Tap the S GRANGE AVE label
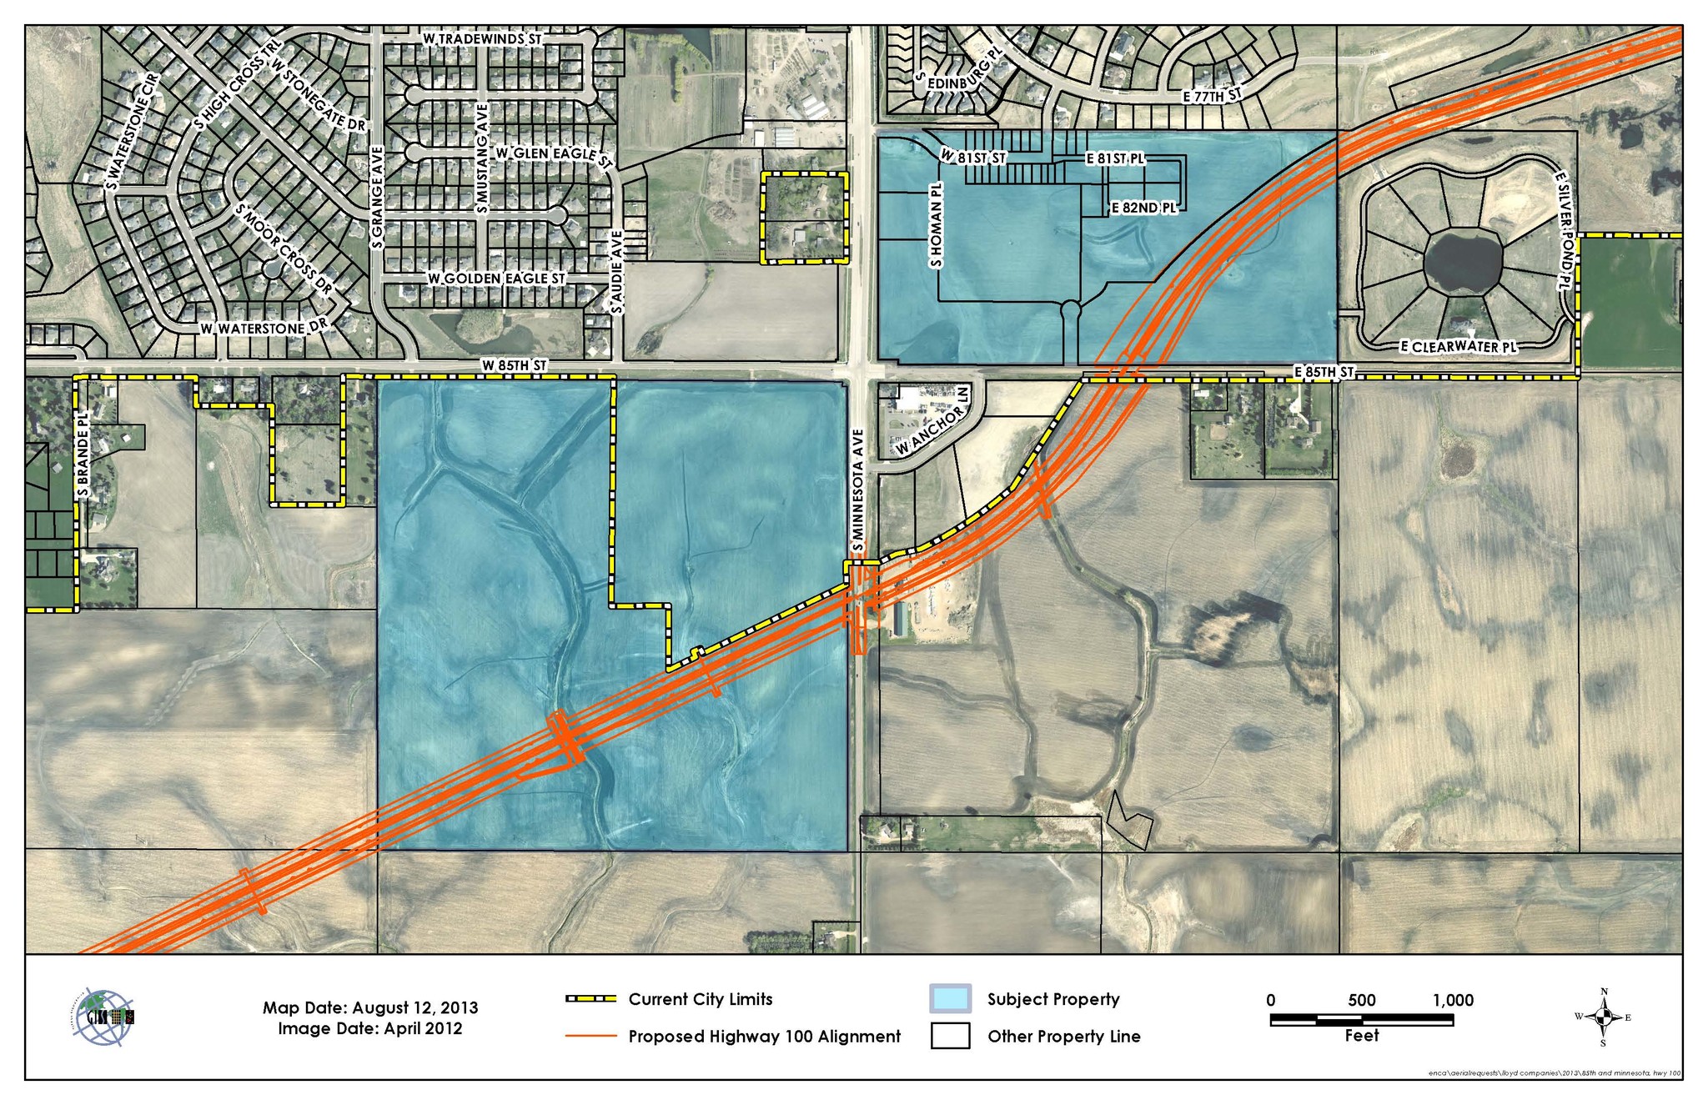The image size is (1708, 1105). click(377, 198)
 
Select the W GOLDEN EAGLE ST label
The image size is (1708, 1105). click(497, 278)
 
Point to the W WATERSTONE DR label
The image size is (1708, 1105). click(265, 329)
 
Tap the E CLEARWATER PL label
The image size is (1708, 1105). click(1459, 346)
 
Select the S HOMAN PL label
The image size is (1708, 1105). click(936, 225)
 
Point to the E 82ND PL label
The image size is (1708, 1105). click(1143, 208)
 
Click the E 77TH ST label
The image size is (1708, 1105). click(1213, 96)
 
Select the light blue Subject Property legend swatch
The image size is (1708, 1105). click(950, 999)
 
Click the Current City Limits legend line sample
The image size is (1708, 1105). click(590, 999)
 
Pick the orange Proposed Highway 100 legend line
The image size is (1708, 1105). click(590, 1037)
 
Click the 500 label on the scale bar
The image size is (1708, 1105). click(1361, 1000)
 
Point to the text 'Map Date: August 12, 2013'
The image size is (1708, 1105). click(370, 1007)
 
